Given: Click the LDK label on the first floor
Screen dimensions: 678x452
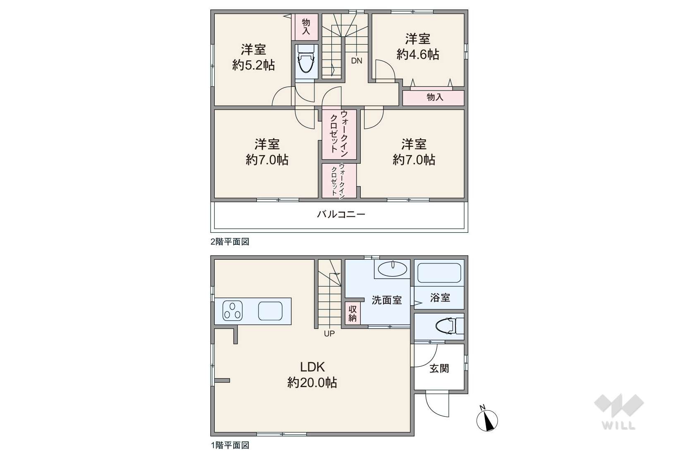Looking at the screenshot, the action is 312,367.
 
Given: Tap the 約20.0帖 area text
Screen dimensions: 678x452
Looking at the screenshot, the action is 312,383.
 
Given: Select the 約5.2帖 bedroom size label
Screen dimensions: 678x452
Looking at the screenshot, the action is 253,65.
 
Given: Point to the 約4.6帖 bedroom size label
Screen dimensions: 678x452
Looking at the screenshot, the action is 418,55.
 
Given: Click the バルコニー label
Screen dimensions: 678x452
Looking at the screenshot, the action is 341,215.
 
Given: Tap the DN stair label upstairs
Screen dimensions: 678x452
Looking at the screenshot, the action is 357,61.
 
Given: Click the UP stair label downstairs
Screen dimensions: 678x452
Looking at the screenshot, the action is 329,334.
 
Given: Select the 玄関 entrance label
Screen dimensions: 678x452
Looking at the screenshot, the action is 439,368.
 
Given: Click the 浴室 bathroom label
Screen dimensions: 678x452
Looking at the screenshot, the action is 440,298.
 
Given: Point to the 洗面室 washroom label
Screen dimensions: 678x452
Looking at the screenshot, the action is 387,300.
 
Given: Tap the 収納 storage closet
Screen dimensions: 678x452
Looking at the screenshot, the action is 352,314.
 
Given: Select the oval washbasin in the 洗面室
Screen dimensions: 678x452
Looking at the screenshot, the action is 393,269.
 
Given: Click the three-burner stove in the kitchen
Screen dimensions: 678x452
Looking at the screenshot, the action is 232,311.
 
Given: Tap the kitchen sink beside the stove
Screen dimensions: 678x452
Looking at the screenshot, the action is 270,311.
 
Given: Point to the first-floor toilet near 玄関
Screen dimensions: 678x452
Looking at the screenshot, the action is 448,326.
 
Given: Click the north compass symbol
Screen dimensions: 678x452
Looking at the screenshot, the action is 487,419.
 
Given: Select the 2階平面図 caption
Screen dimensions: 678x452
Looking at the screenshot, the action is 230,242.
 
